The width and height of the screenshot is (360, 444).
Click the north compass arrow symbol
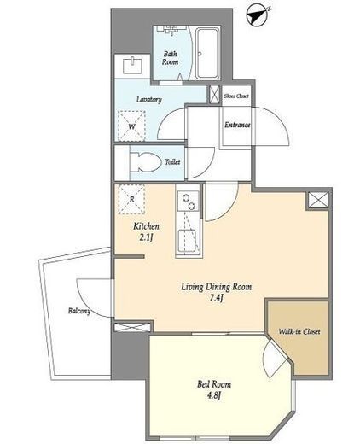tap(258, 16)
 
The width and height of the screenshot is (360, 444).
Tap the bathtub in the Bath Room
tap(208, 54)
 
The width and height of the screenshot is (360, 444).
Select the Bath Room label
tap(171, 58)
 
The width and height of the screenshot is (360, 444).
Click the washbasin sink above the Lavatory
tap(132, 65)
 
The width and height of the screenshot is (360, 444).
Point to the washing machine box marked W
tap(131, 126)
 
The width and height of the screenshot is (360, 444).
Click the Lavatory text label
tap(149, 100)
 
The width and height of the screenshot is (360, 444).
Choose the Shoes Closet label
tap(236, 96)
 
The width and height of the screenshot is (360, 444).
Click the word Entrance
tap(237, 125)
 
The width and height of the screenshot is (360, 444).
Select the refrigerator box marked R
tap(131, 199)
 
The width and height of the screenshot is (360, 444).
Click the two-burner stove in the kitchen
tap(188, 202)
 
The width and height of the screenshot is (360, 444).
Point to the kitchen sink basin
tap(187, 241)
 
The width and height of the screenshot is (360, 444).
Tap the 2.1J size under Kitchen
tap(146, 237)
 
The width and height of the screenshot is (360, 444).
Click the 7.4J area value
tap(216, 298)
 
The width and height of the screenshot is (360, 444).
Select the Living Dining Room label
tap(217, 287)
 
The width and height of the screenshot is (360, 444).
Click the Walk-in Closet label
tap(299, 331)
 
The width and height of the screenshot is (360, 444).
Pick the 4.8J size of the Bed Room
tap(214, 395)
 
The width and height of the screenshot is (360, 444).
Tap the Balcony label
tap(79, 311)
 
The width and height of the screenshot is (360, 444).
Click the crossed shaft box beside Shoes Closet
tap(215, 95)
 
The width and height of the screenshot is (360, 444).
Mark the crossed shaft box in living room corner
tap(318, 200)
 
